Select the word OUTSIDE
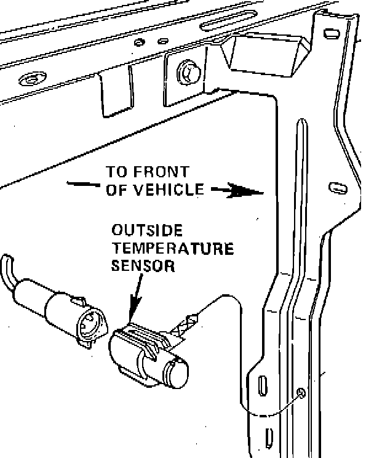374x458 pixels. (147, 231)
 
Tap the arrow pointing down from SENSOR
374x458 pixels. (136, 295)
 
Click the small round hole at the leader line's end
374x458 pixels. (301, 392)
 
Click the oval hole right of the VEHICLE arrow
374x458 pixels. (336, 187)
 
